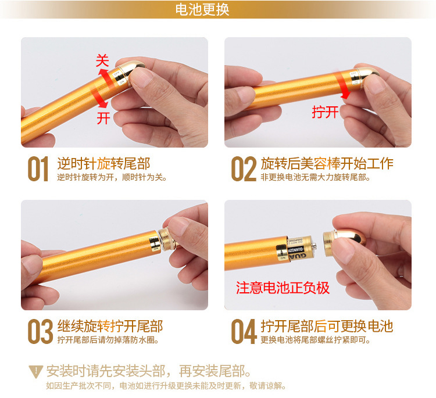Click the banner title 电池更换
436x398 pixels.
tap(202, 9)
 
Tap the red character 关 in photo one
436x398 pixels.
tap(102, 60)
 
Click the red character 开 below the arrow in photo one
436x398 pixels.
tap(103, 118)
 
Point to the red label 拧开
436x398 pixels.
tap(325, 112)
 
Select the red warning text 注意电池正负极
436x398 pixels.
tap(283, 288)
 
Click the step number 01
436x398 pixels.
tap(38, 168)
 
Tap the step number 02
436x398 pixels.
tap(244, 168)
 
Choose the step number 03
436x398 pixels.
tap(40, 331)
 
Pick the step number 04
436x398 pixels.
tap(244, 331)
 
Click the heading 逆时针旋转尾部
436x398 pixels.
tap(103, 163)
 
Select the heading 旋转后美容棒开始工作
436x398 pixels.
tap(327, 163)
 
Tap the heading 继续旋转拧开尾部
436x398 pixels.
tap(110, 326)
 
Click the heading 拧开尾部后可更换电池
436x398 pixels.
tap(327, 326)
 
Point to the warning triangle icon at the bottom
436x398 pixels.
tap(36, 372)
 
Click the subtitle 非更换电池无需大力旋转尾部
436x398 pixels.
tap(315, 177)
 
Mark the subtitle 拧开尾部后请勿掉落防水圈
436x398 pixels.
tap(108, 340)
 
